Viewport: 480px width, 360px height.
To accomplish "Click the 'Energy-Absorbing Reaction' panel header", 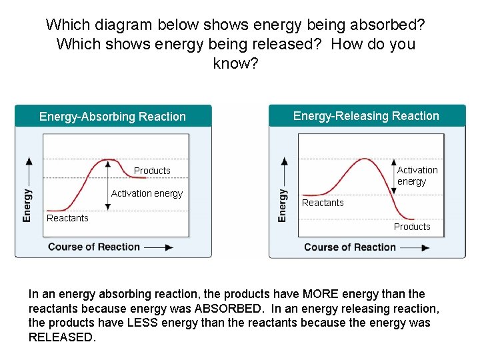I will coord(113,117).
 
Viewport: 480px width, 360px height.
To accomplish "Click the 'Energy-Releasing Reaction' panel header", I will coord(366,116).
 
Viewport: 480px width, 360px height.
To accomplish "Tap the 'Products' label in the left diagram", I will coord(152,171).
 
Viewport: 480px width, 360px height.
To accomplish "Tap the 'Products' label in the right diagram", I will coord(412,227).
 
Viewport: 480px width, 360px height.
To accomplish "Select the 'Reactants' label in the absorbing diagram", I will coord(67,218).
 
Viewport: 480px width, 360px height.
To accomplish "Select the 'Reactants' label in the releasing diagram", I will coord(323,203).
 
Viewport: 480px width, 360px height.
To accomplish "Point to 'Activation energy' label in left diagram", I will coord(147,193).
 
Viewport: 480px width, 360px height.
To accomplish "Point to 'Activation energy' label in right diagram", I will coord(417,176).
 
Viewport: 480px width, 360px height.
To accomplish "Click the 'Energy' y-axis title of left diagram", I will coord(27,205).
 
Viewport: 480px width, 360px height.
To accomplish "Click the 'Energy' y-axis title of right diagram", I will coord(283,205).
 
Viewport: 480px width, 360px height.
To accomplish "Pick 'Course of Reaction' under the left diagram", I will coord(94,247).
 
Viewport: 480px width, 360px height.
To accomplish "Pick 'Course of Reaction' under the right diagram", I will coord(350,247).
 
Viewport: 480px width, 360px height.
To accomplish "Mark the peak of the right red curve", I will coord(364,159).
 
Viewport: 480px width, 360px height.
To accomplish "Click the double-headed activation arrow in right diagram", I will coord(393,176).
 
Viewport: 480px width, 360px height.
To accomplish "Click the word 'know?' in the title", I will coord(235,63).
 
